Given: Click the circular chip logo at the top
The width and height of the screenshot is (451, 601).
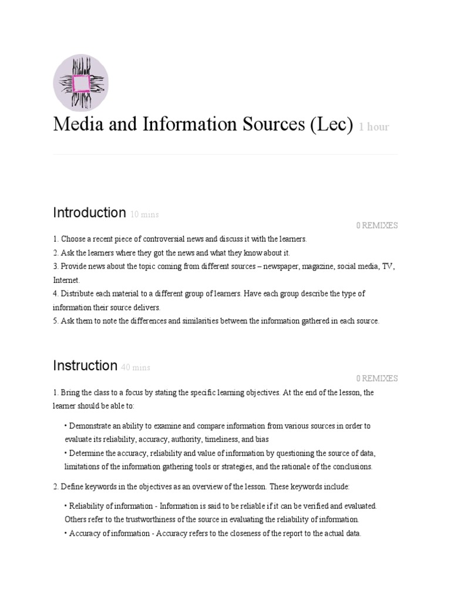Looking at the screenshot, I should tap(80, 82).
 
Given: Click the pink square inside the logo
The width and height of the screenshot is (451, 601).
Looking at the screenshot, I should tap(80, 83).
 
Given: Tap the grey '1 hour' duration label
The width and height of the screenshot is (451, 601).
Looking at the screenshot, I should tap(374, 127).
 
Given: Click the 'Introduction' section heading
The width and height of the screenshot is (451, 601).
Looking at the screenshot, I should tap(89, 212).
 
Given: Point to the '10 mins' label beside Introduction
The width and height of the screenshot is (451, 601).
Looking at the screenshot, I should tap(144, 215).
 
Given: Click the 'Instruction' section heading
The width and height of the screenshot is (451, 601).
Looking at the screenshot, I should tap(85, 366).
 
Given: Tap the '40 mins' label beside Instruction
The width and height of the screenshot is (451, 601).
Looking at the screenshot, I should tap(136, 368).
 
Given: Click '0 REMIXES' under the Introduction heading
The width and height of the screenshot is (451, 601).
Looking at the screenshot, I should tap(376, 225).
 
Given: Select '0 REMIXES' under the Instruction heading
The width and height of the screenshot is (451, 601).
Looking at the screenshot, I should tap(376, 379).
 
